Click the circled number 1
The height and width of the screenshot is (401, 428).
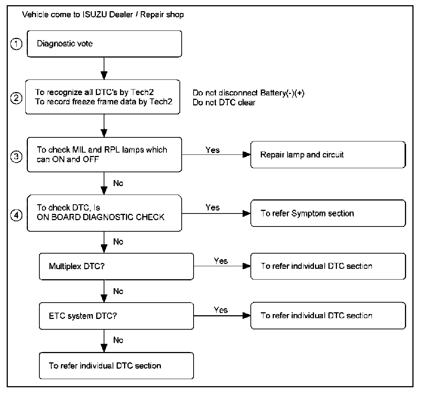(16, 44)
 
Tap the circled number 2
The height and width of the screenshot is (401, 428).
(16, 98)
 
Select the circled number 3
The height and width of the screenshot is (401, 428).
(16, 157)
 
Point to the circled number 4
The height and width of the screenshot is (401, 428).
(16, 215)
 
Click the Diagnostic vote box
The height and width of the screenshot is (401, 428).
(104, 44)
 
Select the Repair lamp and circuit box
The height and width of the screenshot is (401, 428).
(328, 155)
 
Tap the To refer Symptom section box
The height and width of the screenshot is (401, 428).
(328, 213)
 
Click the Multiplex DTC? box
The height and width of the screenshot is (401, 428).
(116, 267)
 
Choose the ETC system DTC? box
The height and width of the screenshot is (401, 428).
(116, 316)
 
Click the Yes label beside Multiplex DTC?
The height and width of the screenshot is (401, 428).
(221, 261)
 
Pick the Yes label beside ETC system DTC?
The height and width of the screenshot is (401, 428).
(221, 310)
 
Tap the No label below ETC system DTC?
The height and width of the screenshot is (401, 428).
(118, 340)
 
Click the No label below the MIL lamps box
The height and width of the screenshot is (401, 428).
(118, 183)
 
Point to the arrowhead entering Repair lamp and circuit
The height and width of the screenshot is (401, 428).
(247, 155)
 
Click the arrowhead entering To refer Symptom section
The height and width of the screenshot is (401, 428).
(247, 213)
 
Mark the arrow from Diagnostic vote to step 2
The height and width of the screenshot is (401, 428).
(104, 68)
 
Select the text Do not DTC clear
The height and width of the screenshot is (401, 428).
(224, 102)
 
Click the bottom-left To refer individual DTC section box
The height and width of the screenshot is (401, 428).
(116, 366)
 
